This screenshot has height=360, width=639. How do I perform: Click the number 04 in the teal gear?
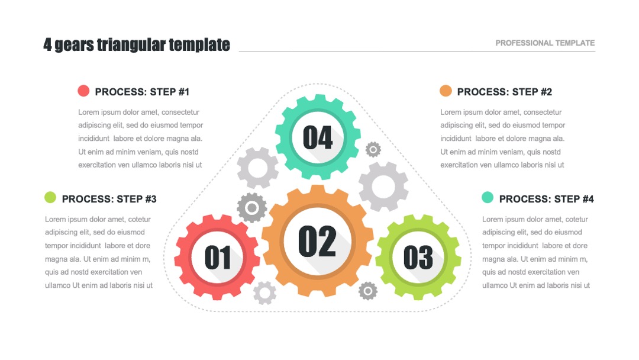(x=318, y=137)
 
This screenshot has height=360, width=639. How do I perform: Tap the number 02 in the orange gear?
(x=318, y=241)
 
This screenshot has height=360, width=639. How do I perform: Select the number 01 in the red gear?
(x=218, y=258)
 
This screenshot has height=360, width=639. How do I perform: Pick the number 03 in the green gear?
(x=418, y=258)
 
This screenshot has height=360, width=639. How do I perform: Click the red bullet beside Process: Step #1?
(x=83, y=91)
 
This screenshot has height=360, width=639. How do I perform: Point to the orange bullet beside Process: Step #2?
(x=446, y=91)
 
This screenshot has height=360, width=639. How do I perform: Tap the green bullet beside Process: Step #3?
(x=50, y=197)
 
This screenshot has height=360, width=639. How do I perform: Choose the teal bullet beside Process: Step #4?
(x=488, y=197)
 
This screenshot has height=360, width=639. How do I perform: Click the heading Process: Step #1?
(x=142, y=92)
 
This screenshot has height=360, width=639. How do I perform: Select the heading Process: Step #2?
(x=505, y=92)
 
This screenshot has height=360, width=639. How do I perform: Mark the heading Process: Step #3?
(x=109, y=199)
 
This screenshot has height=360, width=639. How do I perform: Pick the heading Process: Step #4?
(x=547, y=199)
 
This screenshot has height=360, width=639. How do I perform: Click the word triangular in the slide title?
(x=131, y=45)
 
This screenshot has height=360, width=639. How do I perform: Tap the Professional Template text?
(x=545, y=43)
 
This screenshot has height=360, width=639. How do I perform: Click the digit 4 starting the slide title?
(x=48, y=45)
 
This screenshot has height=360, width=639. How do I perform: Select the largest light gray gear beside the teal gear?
(x=383, y=187)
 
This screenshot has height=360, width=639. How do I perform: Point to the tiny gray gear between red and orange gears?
(x=265, y=292)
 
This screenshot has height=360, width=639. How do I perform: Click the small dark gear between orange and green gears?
(x=368, y=291)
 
